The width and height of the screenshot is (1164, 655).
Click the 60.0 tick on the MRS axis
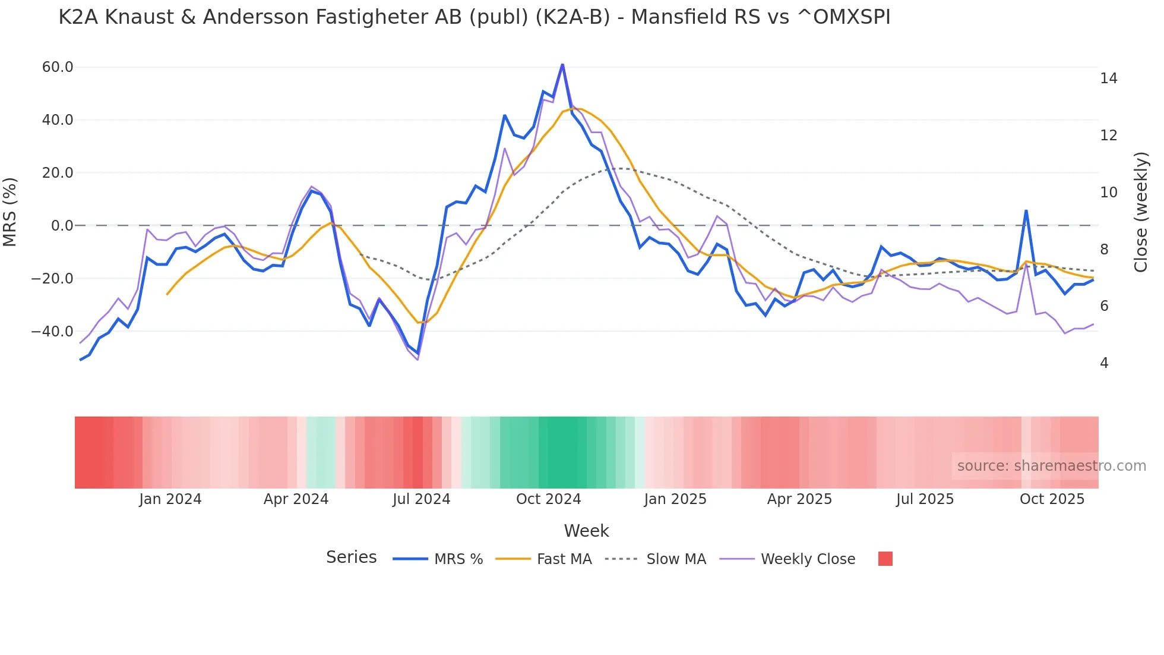(x=58, y=67)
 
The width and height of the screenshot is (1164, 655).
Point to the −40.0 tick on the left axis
(x=52, y=332)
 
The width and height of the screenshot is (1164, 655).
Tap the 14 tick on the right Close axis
(x=1108, y=78)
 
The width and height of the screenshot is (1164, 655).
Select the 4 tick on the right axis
(x=1104, y=363)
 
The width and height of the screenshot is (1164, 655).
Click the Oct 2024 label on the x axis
(x=548, y=499)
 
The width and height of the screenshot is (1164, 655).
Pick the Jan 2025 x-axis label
(x=675, y=499)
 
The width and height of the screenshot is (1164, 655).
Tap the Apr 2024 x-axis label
(x=296, y=499)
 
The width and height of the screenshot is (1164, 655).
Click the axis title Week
(x=586, y=531)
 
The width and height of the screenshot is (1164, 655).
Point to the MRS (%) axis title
(x=10, y=212)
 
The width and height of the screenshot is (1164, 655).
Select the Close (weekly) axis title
(x=1140, y=212)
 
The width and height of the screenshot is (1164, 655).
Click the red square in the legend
(x=885, y=559)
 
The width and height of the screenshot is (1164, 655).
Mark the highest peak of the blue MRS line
(x=562, y=65)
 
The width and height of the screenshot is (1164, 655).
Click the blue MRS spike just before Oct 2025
(x=1026, y=211)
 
